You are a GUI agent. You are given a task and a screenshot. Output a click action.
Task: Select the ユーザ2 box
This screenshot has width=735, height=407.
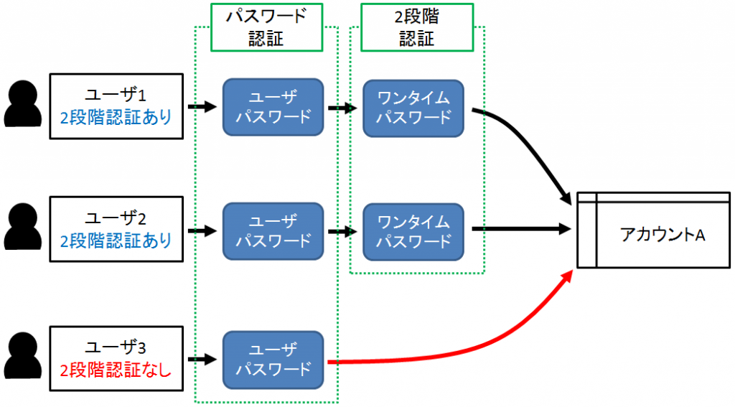[116, 230]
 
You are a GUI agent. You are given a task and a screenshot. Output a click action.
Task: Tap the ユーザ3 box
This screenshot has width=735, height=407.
[116, 359]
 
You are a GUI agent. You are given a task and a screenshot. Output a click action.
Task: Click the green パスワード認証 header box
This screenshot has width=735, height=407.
[266, 27]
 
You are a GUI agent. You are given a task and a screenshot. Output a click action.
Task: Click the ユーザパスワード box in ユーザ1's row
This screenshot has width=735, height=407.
[273, 108]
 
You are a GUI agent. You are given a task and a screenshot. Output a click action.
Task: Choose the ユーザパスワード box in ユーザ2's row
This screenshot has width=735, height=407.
[273, 231]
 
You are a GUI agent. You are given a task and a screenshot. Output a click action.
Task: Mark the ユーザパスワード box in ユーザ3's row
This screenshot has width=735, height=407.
[273, 360]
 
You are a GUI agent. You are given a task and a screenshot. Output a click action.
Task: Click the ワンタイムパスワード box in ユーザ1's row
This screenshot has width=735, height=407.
[413, 108]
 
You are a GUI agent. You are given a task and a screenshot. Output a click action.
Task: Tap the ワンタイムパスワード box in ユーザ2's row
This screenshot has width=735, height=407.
[413, 231]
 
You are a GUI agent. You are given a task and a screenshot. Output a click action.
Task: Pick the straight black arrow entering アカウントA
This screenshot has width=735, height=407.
[520, 230]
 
